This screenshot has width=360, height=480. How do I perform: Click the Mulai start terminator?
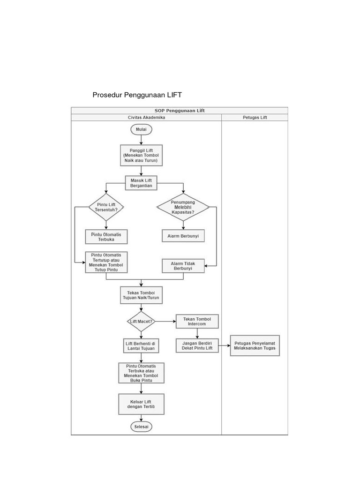coord(141,129)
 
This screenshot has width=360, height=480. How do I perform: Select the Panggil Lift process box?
coord(141,156)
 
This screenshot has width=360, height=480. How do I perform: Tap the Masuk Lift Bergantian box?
coord(141,182)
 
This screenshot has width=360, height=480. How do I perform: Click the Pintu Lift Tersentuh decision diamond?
coord(106,207)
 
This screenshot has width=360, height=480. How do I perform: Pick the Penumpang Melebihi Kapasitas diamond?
coord(183,207)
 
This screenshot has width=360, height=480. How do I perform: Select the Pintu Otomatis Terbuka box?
coord(106,236)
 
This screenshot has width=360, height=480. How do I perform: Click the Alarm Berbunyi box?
coord(183,236)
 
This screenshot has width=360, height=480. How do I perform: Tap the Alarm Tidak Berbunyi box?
coord(183,266)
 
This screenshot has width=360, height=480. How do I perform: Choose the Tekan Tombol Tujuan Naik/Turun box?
coord(141,295)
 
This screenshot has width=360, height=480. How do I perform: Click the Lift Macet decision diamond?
coord(141,321)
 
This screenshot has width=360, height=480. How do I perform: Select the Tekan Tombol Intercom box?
coord(197,321)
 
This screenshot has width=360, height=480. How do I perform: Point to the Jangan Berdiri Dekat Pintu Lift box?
coord(197,345)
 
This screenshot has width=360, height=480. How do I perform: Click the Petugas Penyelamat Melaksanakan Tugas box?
coord(255,345)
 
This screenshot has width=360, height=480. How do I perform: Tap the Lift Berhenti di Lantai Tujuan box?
coord(141,345)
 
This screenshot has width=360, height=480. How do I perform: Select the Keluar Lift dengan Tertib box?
coord(141,404)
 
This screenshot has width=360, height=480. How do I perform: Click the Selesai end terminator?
coord(141,427)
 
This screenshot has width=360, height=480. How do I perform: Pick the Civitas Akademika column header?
coord(146,117)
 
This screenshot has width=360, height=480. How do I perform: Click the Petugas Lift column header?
coord(255,117)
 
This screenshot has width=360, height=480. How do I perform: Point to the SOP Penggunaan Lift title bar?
coord(180,110)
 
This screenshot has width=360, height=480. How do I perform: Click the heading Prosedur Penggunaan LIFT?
coord(137,95)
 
